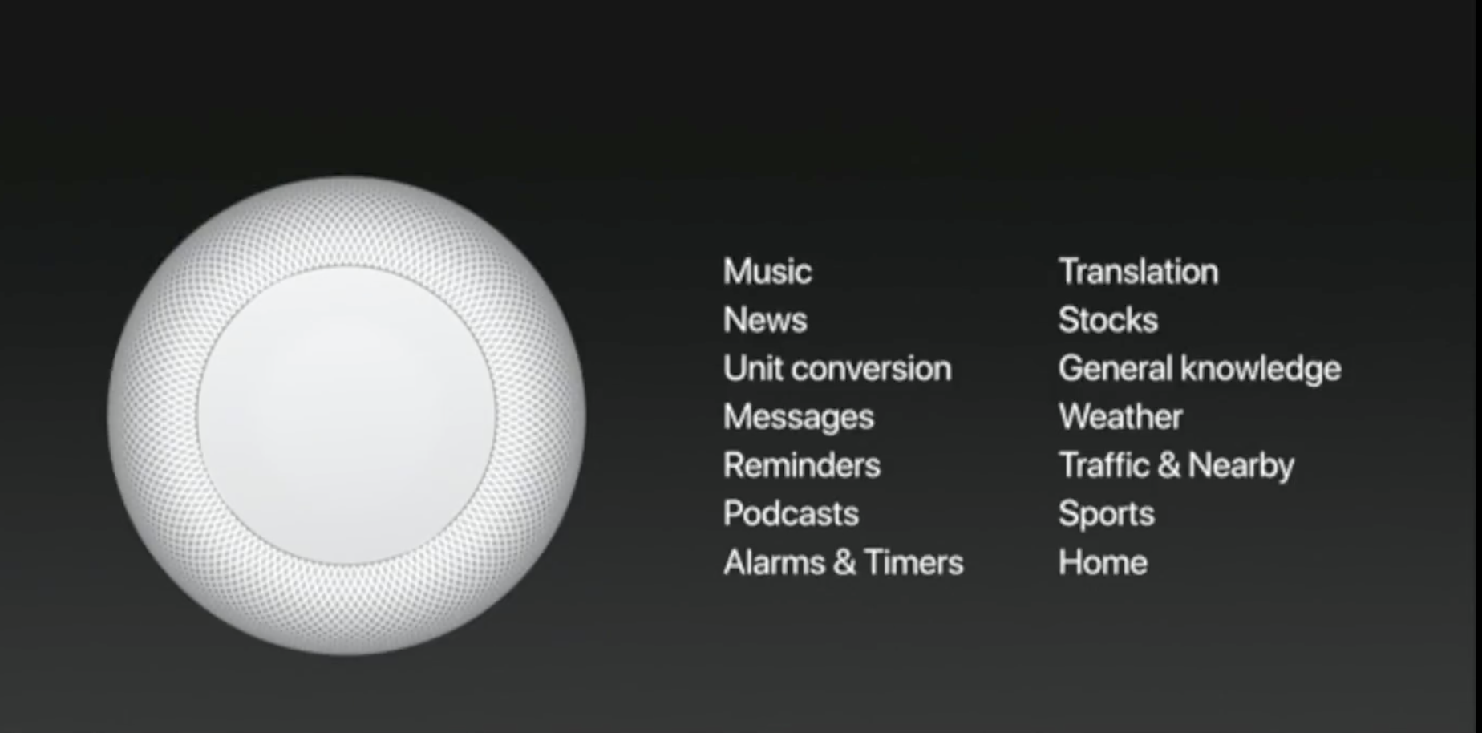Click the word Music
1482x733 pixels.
(767, 272)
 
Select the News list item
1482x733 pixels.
(765, 320)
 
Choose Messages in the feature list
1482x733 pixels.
(799, 418)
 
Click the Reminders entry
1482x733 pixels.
(802, 465)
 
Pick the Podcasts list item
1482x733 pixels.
(791, 513)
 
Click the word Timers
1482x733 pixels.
(914, 562)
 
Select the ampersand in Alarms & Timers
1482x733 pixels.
(845, 562)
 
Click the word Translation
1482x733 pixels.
(1138, 272)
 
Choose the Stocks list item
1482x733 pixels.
(1108, 320)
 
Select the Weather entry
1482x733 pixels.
(1120, 417)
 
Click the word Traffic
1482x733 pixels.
(1104, 465)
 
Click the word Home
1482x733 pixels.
(1103, 562)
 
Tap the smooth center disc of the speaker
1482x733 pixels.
(346, 415)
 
